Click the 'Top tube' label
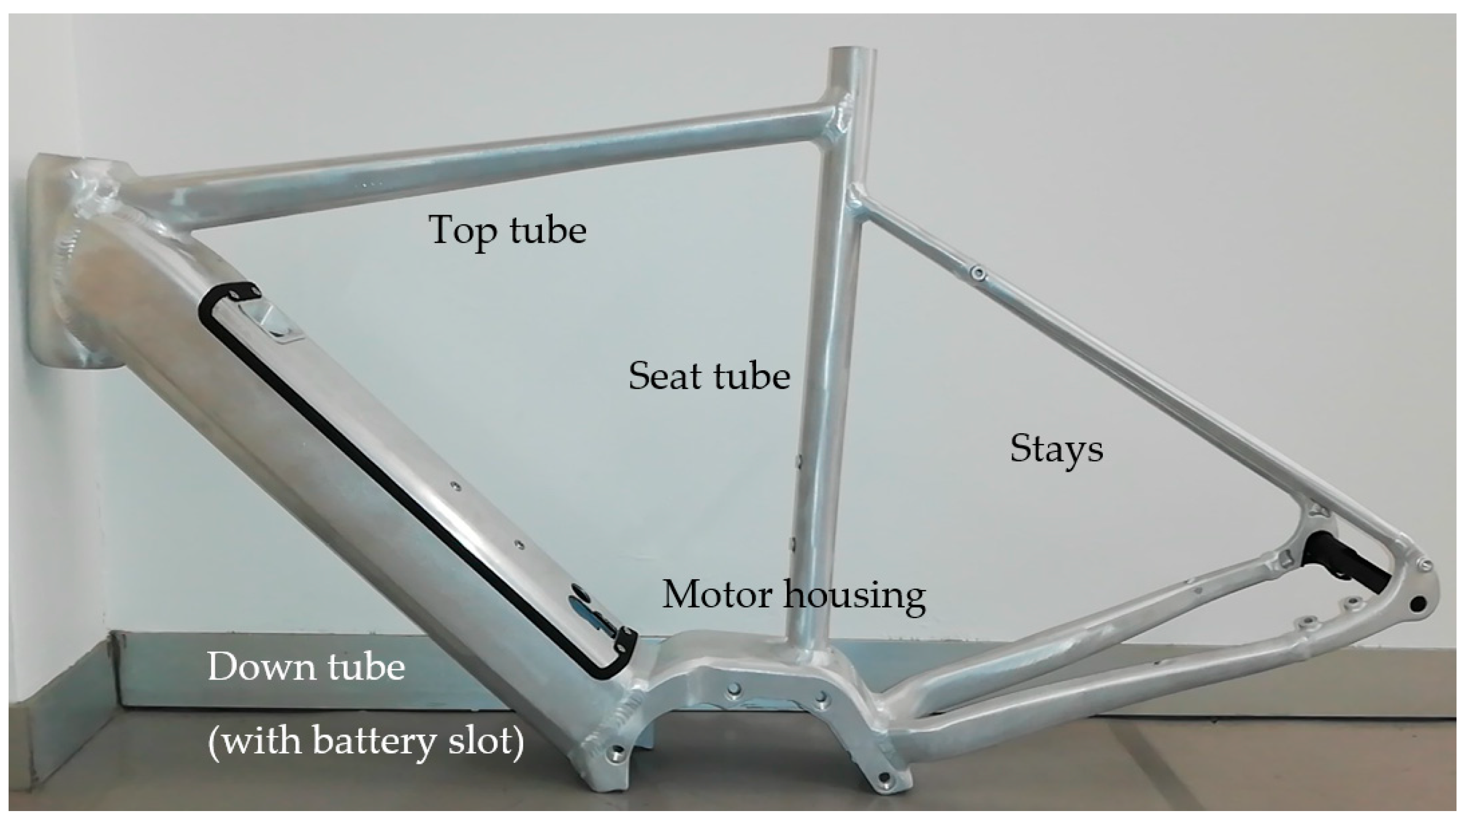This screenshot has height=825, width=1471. tap(507, 230)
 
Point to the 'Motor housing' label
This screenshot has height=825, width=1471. tap(794, 595)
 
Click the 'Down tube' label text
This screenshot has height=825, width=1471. tap(306, 667)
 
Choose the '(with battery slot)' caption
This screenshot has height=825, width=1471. tap(366, 741)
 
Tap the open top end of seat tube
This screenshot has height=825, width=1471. tap(853, 52)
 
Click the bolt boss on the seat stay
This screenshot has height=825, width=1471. tap(979, 273)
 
